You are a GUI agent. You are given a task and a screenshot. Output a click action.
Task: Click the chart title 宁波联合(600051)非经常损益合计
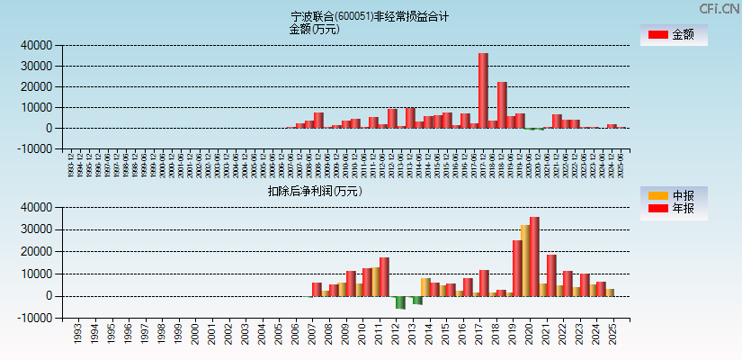tap(371, 16)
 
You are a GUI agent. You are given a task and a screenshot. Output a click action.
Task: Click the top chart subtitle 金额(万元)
tap(314, 29)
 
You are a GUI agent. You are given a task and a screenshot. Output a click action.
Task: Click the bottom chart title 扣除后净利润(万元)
tap(314, 191)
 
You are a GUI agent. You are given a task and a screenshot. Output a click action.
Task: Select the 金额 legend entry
tap(674, 35)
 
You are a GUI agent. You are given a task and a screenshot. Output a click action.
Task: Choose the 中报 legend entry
tap(674, 195)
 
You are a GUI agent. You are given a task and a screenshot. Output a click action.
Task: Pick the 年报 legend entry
tap(674, 209)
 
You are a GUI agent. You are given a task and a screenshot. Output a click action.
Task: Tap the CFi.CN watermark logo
tap(719, 9)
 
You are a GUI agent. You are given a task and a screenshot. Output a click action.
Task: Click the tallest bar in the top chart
tap(483, 90)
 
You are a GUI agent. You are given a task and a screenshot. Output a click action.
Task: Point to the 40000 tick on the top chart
tap(37, 45)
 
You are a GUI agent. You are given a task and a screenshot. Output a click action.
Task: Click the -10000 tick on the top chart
tap(35, 149)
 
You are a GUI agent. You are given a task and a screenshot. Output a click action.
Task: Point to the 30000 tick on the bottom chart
tap(37, 229)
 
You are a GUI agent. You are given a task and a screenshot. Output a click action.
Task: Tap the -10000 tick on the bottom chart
tap(35, 318)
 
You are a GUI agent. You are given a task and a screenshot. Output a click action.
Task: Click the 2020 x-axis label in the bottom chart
tap(531, 335)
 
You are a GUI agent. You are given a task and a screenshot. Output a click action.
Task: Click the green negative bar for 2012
tap(400, 302)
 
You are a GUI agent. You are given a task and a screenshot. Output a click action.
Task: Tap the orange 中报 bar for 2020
tap(525, 260)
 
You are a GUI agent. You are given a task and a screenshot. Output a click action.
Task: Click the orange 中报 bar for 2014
tap(425, 287)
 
